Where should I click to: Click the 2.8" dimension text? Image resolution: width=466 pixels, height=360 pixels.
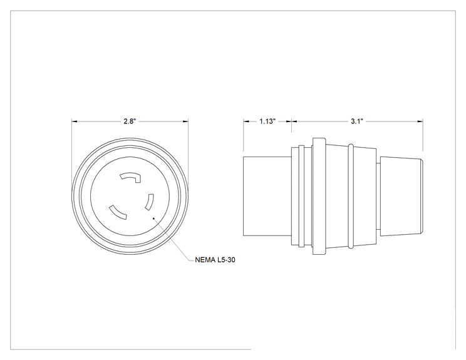click(x=130, y=121)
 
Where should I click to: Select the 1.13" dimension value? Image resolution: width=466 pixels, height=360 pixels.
click(x=267, y=121)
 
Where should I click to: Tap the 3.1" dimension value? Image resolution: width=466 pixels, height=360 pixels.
click(x=356, y=121)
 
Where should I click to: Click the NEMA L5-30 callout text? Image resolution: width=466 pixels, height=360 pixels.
click(x=215, y=260)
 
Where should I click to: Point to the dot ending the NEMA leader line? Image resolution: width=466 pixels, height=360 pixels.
click(x=153, y=219)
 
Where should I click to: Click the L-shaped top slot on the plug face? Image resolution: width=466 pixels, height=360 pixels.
click(x=131, y=177)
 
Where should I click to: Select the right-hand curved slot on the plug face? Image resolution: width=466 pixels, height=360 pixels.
click(x=150, y=202)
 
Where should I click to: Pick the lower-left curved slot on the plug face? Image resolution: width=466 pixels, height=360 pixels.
click(x=118, y=213)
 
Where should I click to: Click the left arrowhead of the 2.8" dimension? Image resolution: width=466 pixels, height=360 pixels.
click(x=75, y=121)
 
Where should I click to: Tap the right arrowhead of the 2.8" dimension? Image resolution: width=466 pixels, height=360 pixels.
click(x=185, y=121)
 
